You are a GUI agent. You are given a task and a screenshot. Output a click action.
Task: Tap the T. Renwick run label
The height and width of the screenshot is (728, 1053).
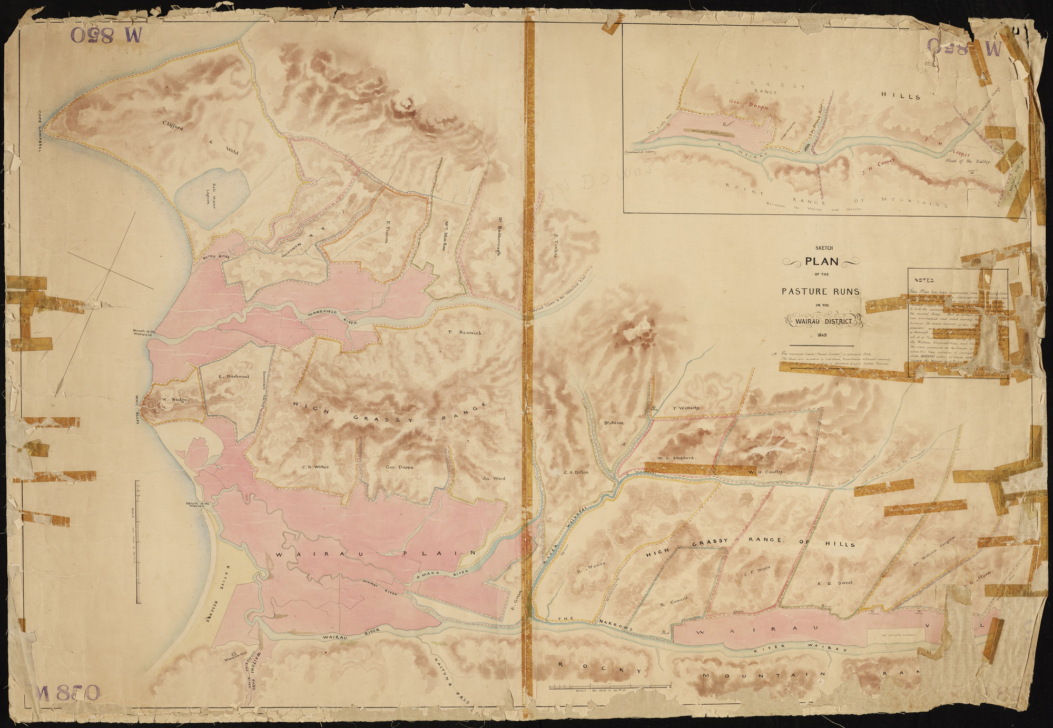[x=465, y=332]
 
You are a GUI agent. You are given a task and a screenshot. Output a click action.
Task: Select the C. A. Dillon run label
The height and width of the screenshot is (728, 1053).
[x=576, y=472]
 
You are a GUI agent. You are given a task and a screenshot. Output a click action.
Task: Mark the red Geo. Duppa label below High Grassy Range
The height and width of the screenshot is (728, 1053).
[x=399, y=467]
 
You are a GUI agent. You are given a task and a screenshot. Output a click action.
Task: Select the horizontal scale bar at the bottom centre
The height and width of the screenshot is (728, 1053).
[x=610, y=686]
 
